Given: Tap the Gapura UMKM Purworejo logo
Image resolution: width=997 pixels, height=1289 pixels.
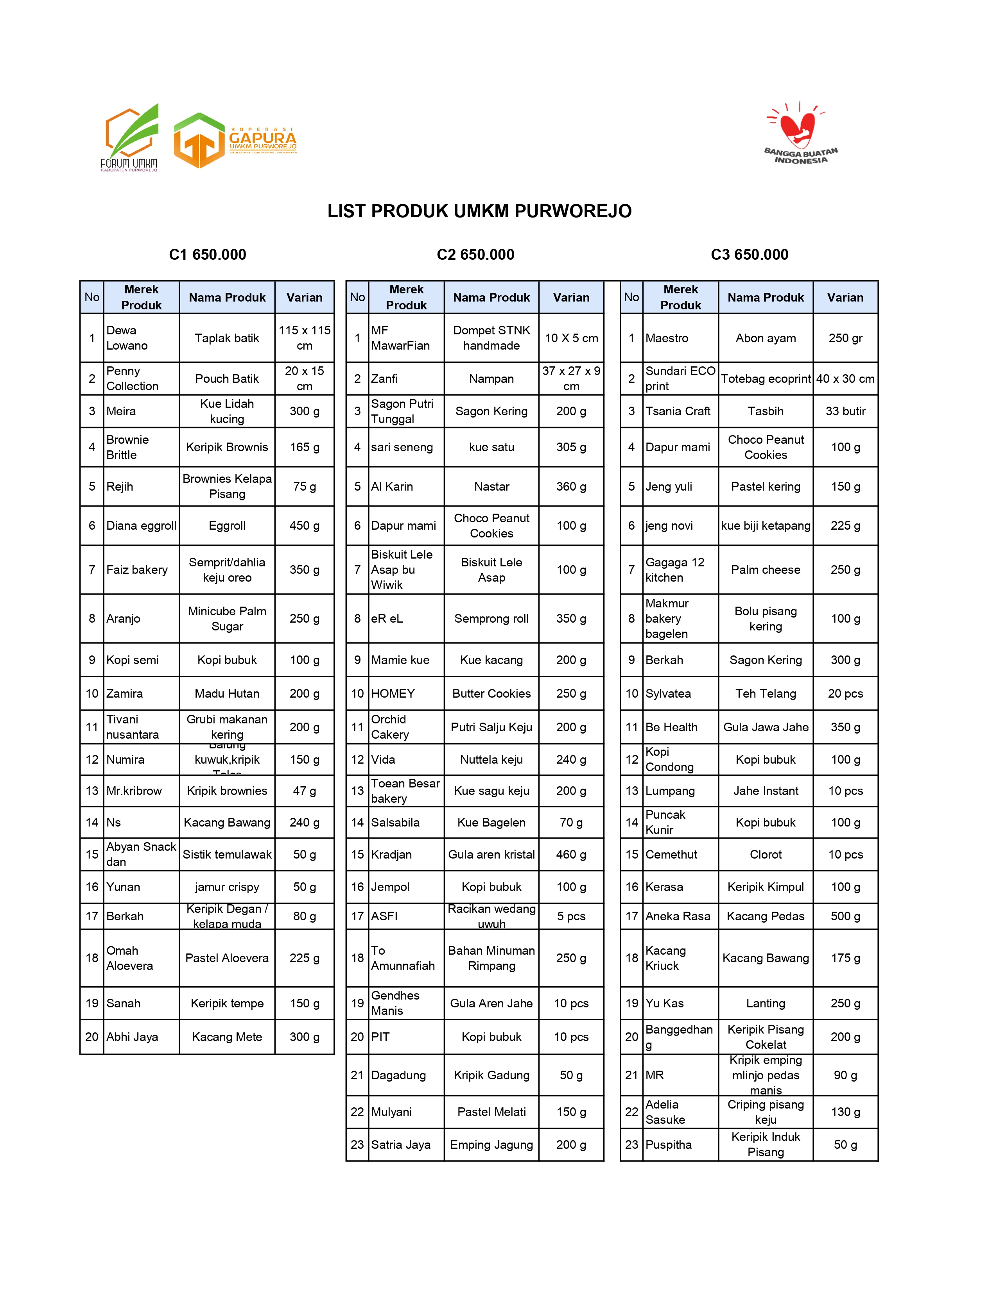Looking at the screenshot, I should [235, 141].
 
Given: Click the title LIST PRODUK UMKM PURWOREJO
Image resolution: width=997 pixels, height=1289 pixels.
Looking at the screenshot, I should [480, 211].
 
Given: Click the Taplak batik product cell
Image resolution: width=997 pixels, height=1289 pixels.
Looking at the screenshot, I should [227, 338].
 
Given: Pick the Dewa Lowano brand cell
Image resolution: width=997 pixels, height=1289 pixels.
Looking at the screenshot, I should [141, 338].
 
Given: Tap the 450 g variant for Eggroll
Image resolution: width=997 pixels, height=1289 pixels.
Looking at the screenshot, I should [304, 525].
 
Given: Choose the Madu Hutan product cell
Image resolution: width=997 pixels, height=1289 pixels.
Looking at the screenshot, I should [227, 693].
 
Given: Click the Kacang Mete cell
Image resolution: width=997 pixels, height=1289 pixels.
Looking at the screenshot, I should [227, 1037].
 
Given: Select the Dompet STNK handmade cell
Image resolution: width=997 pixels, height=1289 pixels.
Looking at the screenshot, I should [491, 338].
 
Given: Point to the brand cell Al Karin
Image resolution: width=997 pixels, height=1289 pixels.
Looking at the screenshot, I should [406, 486].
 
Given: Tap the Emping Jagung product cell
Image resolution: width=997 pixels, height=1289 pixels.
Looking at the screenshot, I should [491, 1144].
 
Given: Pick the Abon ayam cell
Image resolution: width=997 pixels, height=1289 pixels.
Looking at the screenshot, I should [766, 338].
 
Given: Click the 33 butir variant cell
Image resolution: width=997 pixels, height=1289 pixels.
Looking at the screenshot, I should [845, 411].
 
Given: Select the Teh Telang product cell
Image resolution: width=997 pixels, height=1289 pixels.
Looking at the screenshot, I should [766, 693].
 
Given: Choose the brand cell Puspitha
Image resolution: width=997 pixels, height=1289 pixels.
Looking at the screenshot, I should [680, 1144].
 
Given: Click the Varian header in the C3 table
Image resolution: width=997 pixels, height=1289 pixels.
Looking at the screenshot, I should [845, 298].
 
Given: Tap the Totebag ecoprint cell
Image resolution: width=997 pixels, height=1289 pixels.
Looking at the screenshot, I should [766, 379].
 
